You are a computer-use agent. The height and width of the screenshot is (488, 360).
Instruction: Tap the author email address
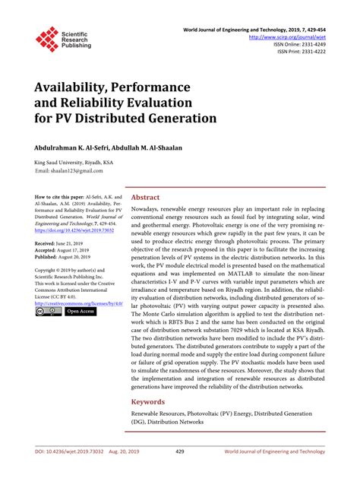click(78, 171)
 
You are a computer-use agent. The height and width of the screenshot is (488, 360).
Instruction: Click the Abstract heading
click(146, 195)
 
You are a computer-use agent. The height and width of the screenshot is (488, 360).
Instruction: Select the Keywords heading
click(149, 401)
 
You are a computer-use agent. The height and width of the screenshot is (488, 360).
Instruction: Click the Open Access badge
click(81, 312)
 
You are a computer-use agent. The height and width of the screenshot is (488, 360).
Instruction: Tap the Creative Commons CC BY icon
click(47, 312)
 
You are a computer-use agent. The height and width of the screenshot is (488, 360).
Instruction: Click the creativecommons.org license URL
click(78, 303)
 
